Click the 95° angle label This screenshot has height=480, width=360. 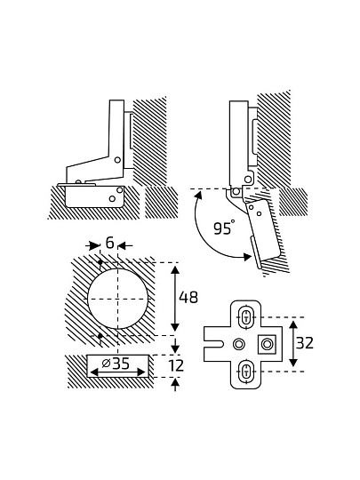pos(224,228)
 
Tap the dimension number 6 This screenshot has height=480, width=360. pos(109,243)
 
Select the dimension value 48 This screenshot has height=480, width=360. pos(188,297)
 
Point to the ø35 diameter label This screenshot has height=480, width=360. pos(116,364)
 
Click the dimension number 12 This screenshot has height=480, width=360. pos(176,365)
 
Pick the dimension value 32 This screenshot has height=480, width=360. pos(305,343)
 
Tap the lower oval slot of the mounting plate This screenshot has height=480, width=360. pos(246,372)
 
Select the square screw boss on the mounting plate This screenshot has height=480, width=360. pos(268,344)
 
